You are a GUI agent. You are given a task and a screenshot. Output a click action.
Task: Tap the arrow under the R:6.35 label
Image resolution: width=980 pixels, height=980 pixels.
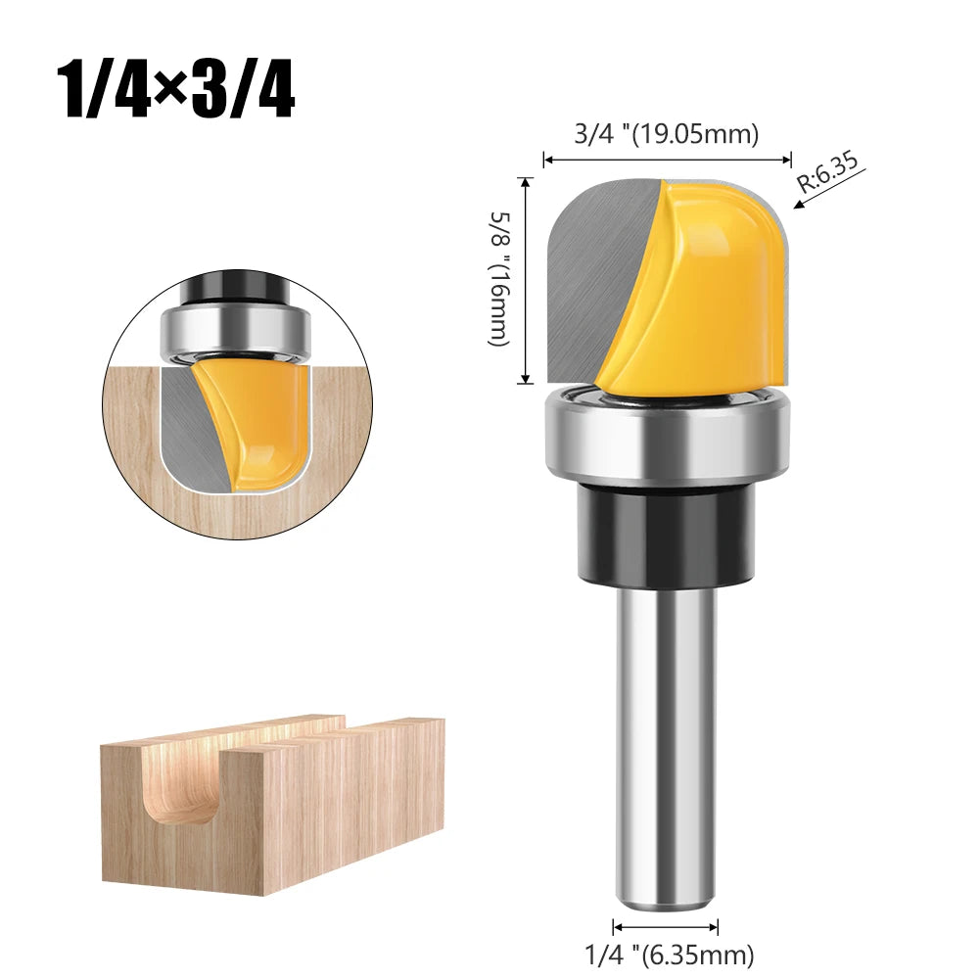point(811,200)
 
